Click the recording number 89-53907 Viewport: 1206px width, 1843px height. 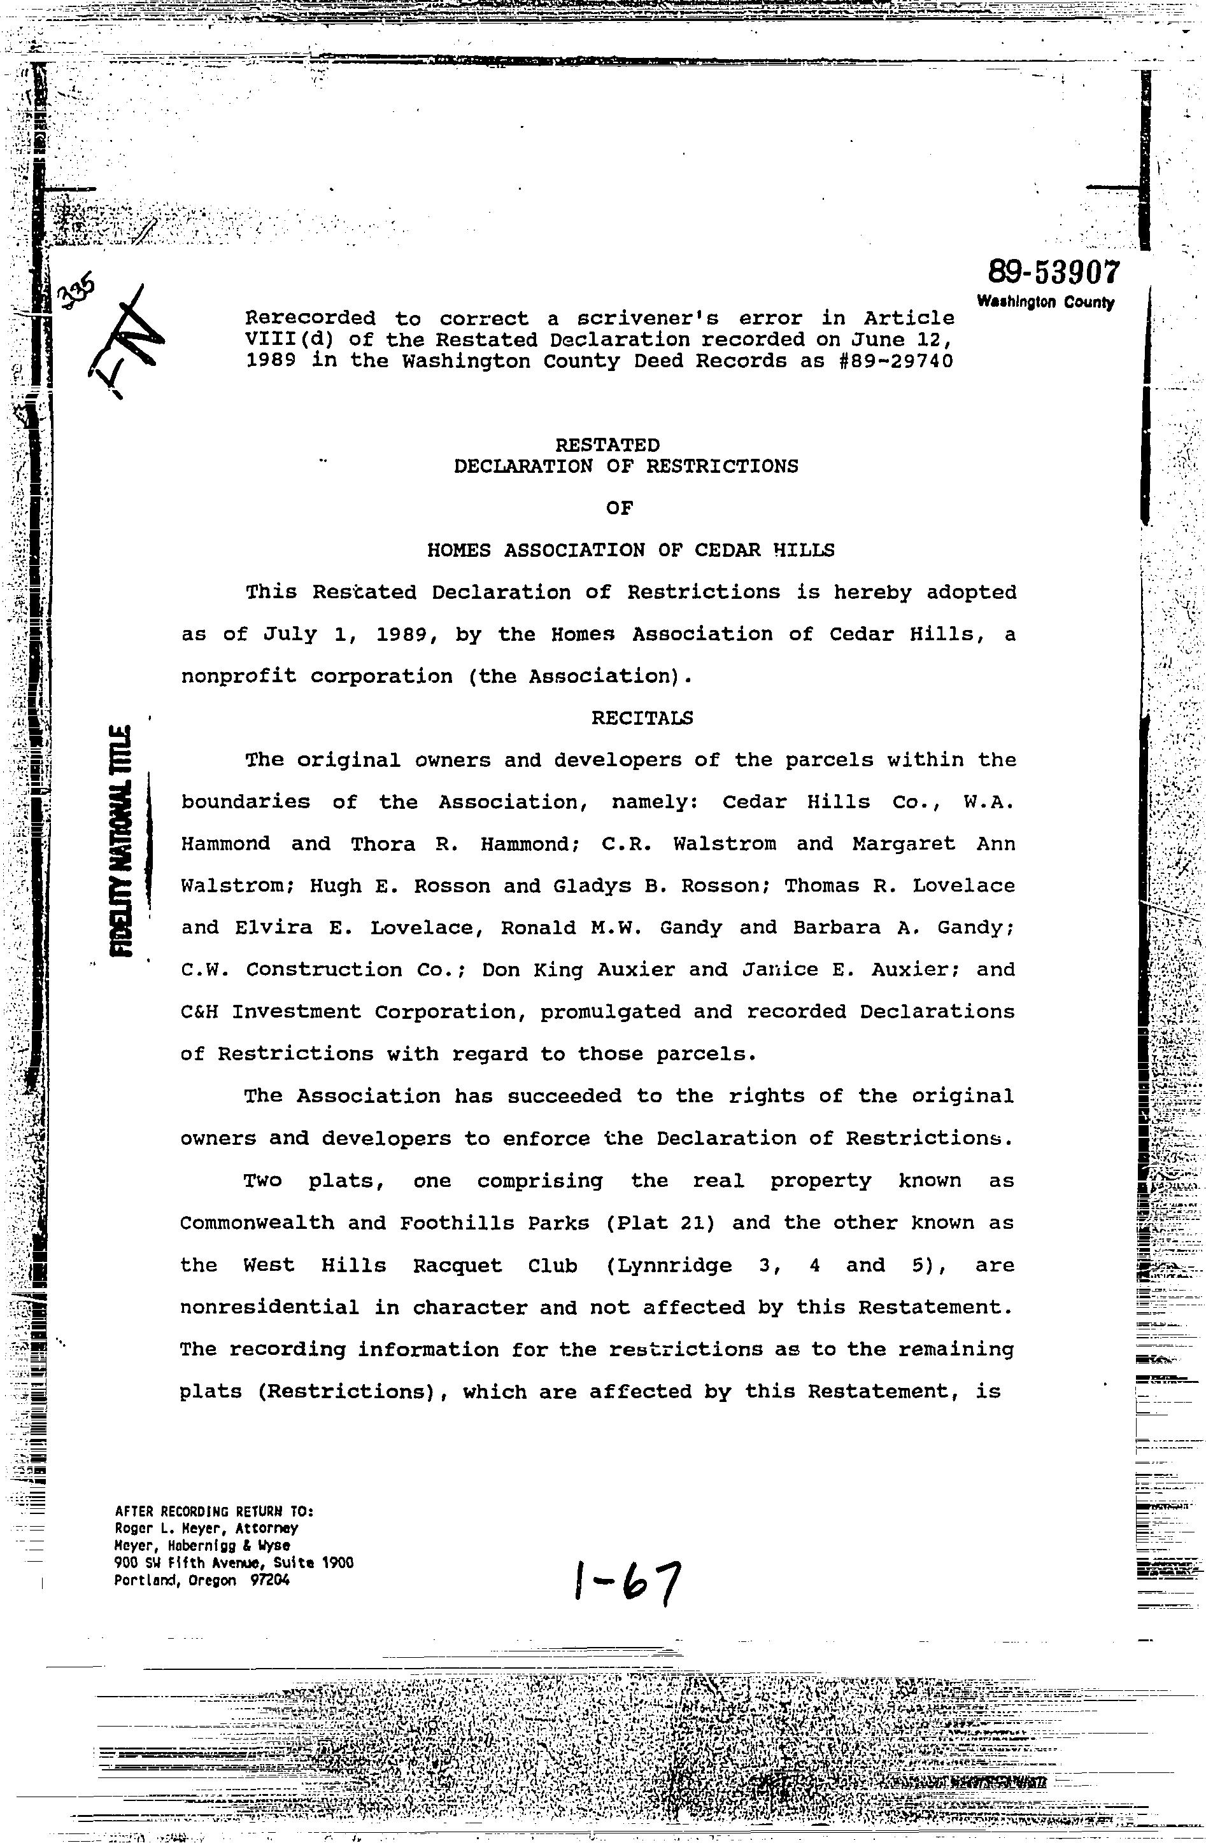tap(1053, 272)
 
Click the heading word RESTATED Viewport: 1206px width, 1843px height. tap(608, 445)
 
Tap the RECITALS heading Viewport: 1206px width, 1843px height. tap(642, 718)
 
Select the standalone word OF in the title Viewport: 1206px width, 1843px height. tap(620, 508)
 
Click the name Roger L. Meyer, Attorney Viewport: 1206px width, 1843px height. tap(206, 1529)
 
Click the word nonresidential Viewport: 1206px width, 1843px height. tap(269, 1307)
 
